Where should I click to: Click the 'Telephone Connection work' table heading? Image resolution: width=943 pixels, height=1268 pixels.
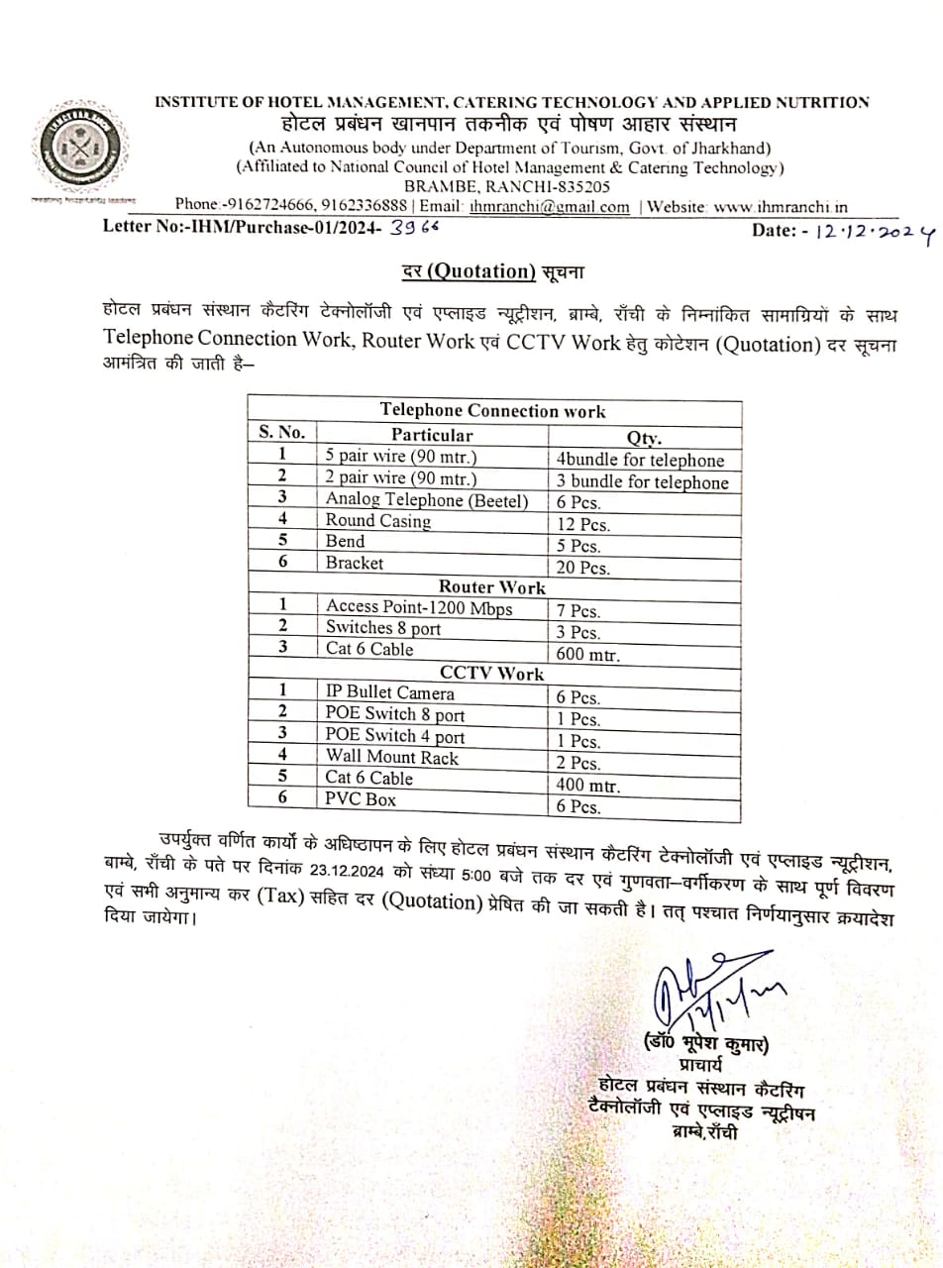(x=492, y=411)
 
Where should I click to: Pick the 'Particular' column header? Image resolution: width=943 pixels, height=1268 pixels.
(x=432, y=434)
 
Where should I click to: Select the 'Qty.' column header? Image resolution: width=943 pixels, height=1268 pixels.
(x=644, y=437)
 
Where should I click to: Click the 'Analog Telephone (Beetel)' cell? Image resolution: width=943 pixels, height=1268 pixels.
(x=427, y=500)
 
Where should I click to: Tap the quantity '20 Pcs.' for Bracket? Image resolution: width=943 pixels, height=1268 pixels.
(x=582, y=568)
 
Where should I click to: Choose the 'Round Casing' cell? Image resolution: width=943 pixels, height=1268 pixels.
(x=378, y=521)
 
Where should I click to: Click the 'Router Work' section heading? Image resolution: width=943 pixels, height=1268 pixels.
(x=492, y=586)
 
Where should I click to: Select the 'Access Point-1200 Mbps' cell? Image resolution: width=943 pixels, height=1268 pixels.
(x=419, y=607)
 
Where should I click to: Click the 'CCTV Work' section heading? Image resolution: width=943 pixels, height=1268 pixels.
(x=492, y=674)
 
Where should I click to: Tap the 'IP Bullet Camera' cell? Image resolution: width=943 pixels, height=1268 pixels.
(x=390, y=693)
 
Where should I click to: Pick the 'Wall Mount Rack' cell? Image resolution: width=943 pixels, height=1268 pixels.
(x=392, y=758)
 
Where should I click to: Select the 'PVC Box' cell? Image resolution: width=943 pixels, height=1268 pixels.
(x=361, y=798)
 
